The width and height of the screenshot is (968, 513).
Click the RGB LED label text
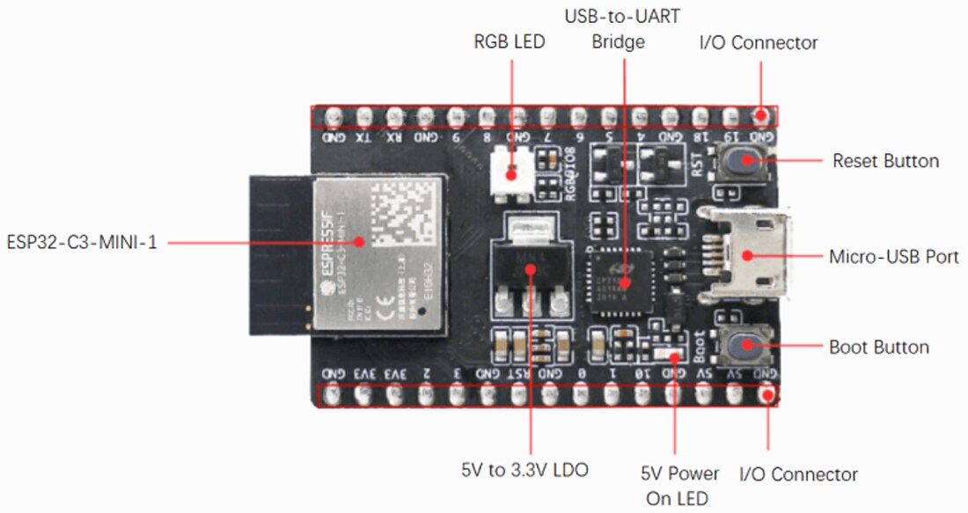coord(510,41)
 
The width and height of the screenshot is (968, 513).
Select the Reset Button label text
coord(885,161)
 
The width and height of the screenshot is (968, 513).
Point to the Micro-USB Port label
coord(894,257)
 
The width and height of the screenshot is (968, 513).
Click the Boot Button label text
coord(879,347)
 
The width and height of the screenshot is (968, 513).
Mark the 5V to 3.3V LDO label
coord(524,470)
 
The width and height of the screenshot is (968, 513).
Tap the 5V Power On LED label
coord(679,486)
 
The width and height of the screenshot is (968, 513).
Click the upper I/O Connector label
coord(758,42)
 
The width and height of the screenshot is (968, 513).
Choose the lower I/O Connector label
coord(798,474)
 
